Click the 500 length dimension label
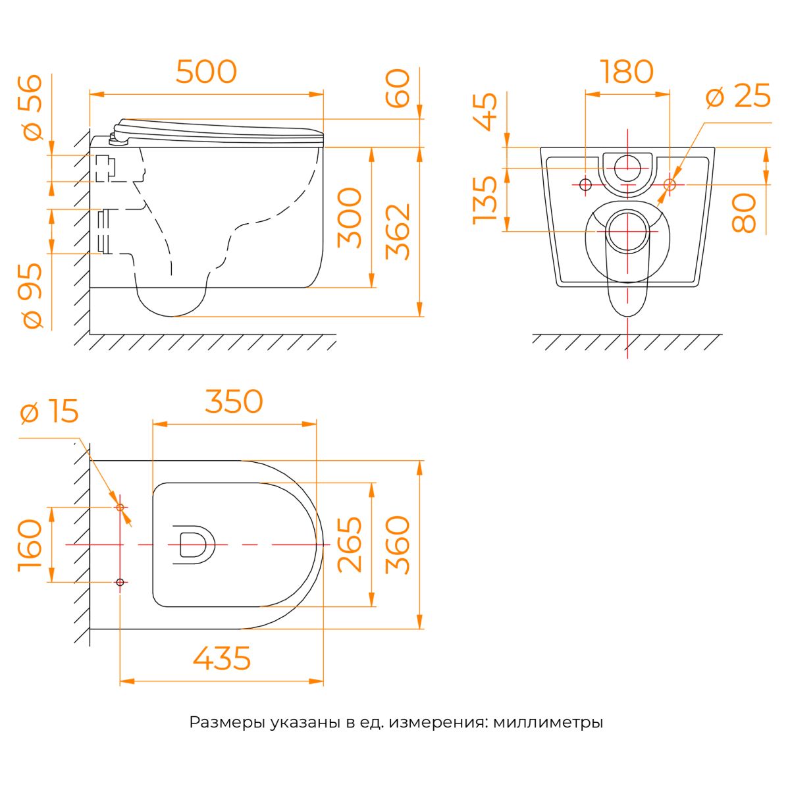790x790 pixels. [x=206, y=72]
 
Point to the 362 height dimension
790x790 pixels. [x=397, y=232]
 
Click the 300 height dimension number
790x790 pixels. [x=350, y=218]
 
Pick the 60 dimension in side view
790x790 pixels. [x=397, y=89]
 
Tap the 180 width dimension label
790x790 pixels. [x=627, y=72]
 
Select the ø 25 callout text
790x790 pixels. [x=739, y=96]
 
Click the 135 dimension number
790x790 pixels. [x=485, y=201]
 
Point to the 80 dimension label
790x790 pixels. [x=744, y=213]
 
